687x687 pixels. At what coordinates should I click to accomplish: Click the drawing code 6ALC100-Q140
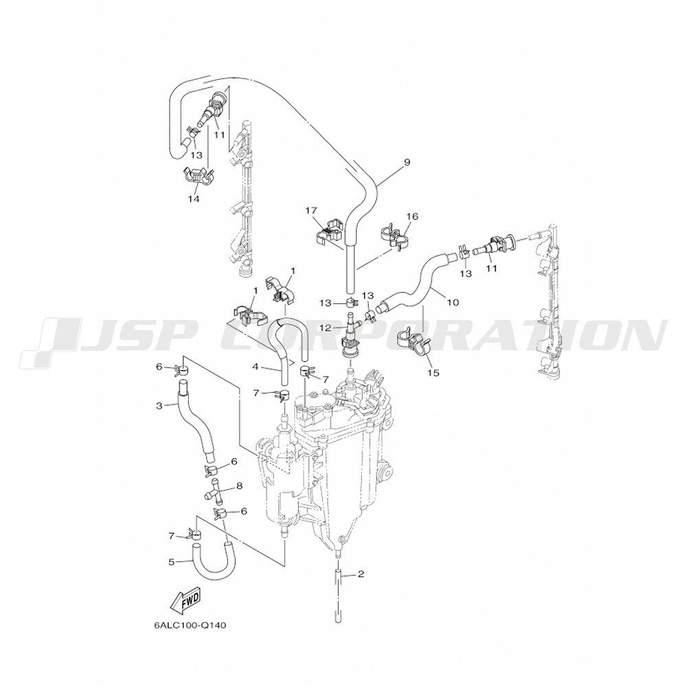tap(190, 625)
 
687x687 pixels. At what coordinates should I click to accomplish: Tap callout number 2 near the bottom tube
tap(361, 574)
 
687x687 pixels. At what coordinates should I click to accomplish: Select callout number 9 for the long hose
tap(407, 163)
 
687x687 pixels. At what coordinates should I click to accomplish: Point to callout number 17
tap(311, 211)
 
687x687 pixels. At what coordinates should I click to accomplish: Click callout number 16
tap(412, 216)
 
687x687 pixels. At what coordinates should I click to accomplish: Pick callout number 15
tap(433, 373)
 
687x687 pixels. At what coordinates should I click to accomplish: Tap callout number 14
tap(194, 199)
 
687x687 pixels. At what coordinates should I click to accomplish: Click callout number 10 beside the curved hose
tap(453, 302)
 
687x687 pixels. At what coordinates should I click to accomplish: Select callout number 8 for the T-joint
tap(239, 486)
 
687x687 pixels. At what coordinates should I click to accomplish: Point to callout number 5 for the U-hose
tap(171, 561)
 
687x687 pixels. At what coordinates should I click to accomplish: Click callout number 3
tap(159, 406)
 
